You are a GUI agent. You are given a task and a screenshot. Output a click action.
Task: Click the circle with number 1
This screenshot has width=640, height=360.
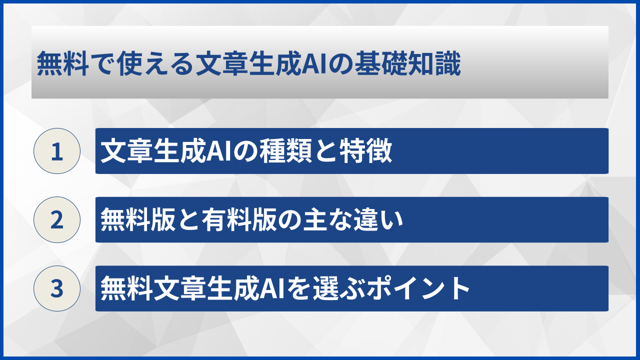pyautogui.click(x=57, y=151)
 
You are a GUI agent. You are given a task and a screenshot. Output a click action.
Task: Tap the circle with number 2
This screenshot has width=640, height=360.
pyautogui.click(x=57, y=219)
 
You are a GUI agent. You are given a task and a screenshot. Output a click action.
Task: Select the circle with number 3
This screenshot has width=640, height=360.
pyautogui.click(x=57, y=288)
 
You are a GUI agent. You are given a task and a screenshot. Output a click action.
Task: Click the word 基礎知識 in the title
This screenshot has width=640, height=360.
pyautogui.click(x=407, y=63)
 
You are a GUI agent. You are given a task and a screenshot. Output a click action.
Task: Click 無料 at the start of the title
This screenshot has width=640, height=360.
pyautogui.click(x=62, y=63)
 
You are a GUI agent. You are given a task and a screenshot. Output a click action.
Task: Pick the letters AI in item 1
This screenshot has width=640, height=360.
pyautogui.click(x=219, y=151)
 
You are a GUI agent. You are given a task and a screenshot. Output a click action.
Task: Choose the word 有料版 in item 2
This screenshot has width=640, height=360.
pyautogui.click(x=239, y=219)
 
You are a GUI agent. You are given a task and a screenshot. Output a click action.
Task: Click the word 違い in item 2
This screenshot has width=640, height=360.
pyautogui.click(x=378, y=219)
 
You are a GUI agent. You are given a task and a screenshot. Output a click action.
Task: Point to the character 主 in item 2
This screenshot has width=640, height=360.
pyautogui.click(x=315, y=219)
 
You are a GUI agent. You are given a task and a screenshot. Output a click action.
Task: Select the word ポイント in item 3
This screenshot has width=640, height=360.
pyautogui.click(x=418, y=288)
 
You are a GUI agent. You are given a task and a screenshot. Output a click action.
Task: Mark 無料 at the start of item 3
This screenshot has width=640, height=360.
pyautogui.click(x=126, y=288)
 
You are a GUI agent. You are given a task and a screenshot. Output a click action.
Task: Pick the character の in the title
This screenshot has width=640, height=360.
pyautogui.click(x=341, y=64)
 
